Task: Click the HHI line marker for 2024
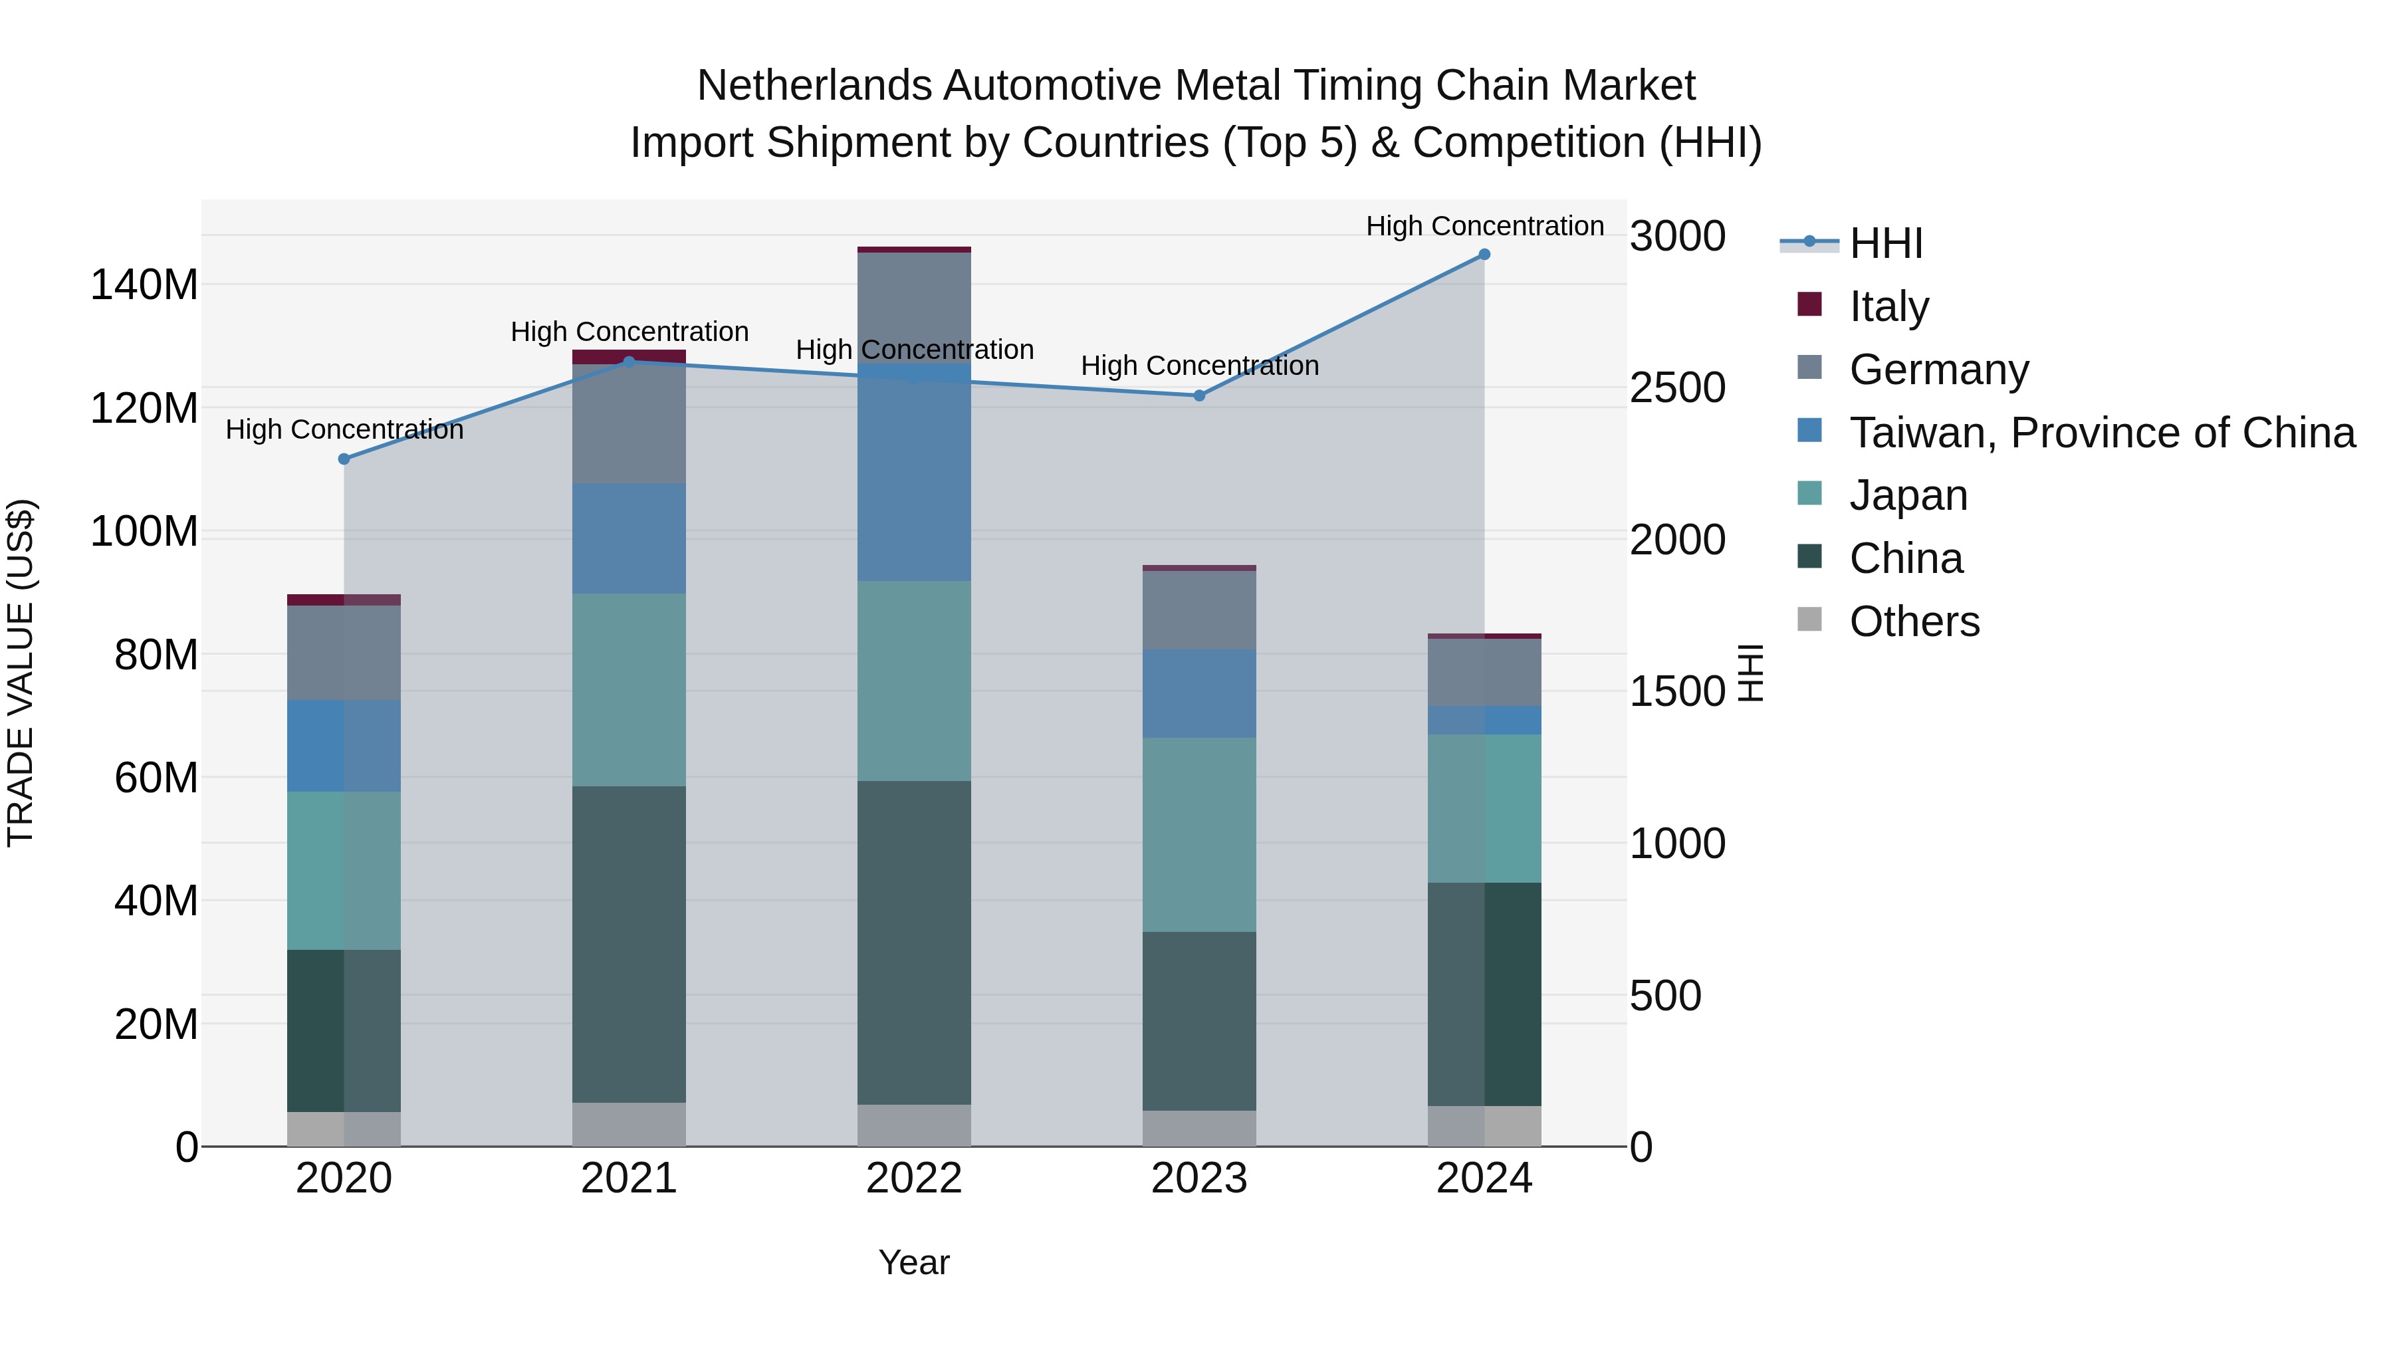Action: click(x=1484, y=255)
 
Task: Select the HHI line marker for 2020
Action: click(x=344, y=459)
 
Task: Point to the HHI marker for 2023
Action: click(x=1198, y=395)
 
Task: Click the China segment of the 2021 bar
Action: click(x=629, y=944)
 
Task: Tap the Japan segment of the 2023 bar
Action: click(x=1198, y=834)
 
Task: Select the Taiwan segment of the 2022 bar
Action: click(x=913, y=474)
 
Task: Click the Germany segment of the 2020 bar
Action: click(x=344, y=652)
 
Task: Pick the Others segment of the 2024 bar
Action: click(x=1484, y=1126)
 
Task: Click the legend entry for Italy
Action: click(x=1888, y=306)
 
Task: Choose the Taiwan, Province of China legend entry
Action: click(x=2101, y=433)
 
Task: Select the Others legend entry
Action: click(x=1914, y=621)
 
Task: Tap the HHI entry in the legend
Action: click(x=1885, y=243)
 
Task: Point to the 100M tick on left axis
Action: click(x=144, y=532)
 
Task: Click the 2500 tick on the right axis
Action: click(x=1677, y=388)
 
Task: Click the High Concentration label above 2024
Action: click(x=1484, y=226)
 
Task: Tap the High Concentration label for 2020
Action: click(x=344, y=430)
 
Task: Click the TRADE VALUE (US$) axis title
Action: click(x=21, y=673)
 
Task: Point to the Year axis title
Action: click(x=913, y=1262)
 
